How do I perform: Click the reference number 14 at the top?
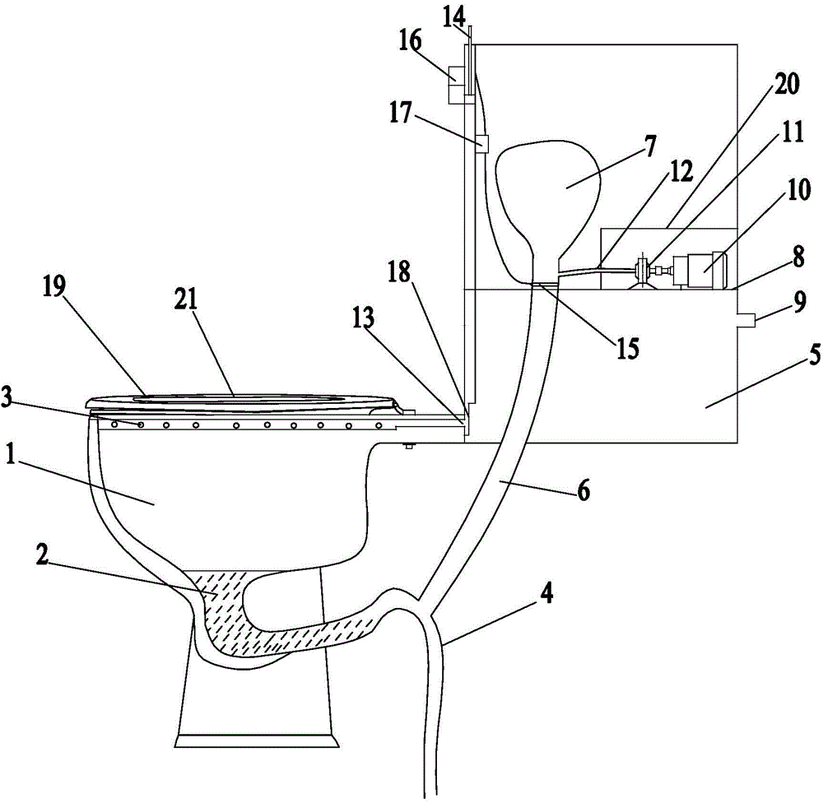point(453,18)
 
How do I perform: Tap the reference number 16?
point(410,40)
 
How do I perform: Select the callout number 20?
point(786,83)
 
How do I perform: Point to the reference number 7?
point(650,146)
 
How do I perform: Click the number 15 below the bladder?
point(627,348)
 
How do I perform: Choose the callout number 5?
point(814,355)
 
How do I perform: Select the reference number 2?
point(42,555)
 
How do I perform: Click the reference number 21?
point(186,299)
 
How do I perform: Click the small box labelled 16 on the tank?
point(456,85)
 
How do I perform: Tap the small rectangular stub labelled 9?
point(746,319)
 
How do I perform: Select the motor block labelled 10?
point(699,271)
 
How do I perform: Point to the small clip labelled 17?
point(481,144)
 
